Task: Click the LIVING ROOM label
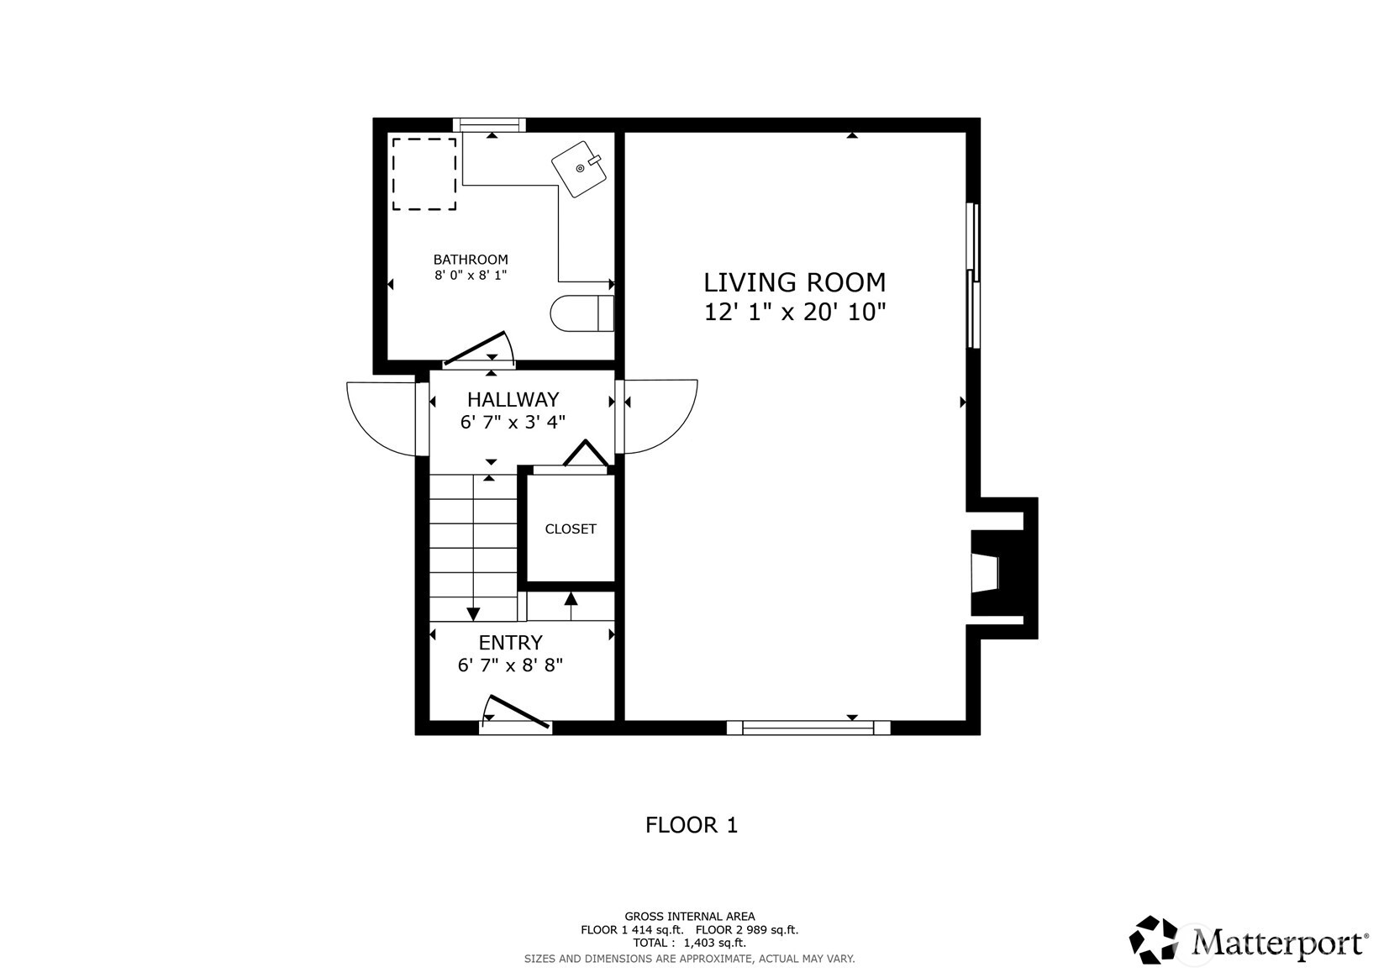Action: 794,281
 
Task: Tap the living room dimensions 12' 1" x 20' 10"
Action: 794,313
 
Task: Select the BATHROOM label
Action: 471,260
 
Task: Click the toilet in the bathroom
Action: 581,313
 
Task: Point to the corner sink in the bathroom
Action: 580,169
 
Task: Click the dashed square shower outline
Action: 424,174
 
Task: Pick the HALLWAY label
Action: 513,399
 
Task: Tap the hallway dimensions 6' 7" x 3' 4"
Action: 513,422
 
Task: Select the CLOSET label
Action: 571,528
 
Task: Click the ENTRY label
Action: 510,643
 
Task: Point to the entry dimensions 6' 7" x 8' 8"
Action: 510,665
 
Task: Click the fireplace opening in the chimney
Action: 985,573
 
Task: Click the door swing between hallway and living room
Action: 660,416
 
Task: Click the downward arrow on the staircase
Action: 473,613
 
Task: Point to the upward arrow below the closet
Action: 571,599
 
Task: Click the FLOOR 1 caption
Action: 691,825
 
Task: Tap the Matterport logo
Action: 1247,939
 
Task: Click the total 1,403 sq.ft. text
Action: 689,943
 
